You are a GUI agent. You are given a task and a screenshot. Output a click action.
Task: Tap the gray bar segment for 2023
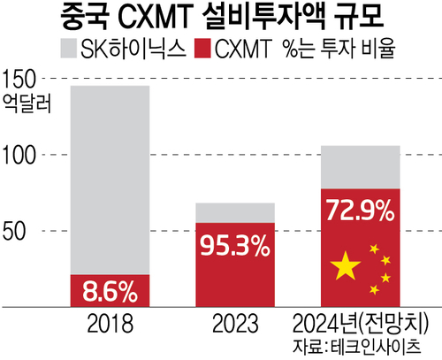click(x=234, y=212)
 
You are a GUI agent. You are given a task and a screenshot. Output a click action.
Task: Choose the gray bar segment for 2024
click(x=361, y=166)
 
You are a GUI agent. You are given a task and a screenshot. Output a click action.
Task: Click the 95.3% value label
click(x=234, y=247)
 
